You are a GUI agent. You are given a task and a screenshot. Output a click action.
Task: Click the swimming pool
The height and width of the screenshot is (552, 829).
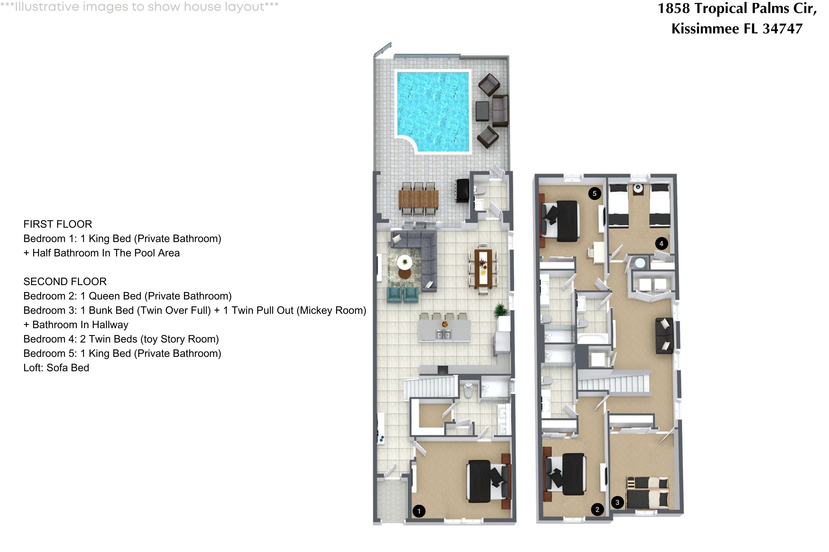click(434, 111)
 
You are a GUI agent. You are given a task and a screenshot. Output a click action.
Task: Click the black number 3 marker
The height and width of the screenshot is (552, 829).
click(617, 502)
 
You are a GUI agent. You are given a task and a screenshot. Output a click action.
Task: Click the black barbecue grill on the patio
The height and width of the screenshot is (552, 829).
click(462, 190)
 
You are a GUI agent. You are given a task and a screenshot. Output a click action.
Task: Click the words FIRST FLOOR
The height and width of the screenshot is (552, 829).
click(58, 224)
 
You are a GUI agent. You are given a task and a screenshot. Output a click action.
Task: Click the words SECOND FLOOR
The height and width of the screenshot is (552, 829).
click(65, 282)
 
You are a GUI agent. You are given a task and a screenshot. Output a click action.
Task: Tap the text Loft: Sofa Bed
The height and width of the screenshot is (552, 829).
click(56, 368)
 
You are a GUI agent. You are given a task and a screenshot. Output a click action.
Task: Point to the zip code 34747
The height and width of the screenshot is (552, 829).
click(783, 28)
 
